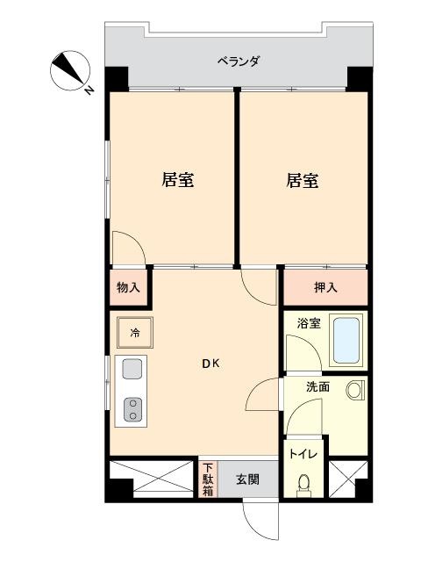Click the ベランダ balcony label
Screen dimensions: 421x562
click(x=239, y=61)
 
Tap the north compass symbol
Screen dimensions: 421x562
click(x=70, y=70)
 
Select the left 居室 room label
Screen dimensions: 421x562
click(x=178, y=180)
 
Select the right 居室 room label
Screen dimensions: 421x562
click(x=303, y=180)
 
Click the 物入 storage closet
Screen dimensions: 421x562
click(x=129, y=287)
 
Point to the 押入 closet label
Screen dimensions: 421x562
click(x=325, y=287)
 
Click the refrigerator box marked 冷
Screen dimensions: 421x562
click(x=135, y=333)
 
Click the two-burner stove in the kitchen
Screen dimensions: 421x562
click(x=132, y=410)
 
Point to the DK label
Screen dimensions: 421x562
click(x=211, y=364)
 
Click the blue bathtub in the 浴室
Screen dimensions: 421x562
click(x=346, y=341)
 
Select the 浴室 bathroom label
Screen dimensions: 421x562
click(x=309, y=323)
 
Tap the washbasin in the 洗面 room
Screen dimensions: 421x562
click(x=355, y=390)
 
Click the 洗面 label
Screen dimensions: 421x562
click(x=318, y=386)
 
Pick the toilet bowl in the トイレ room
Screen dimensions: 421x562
click(x=303, y=484)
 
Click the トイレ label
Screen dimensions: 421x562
click(x=303, y=455)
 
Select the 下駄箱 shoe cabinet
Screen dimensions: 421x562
click(x=208, y=479)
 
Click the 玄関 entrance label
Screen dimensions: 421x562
click(x=247, y=479)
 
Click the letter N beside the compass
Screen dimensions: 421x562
click(x=89, y=91)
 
